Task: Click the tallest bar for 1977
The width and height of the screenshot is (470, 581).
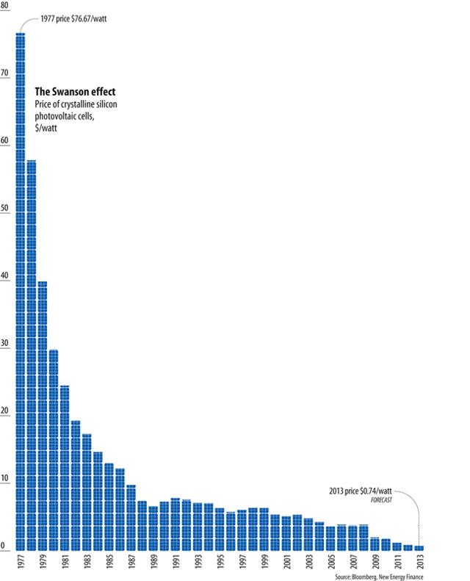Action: (x=21, y=294)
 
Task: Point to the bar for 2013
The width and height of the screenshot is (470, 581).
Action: (x=419, y=548)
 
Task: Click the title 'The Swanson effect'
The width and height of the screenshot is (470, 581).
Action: (x=76, y=92)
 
